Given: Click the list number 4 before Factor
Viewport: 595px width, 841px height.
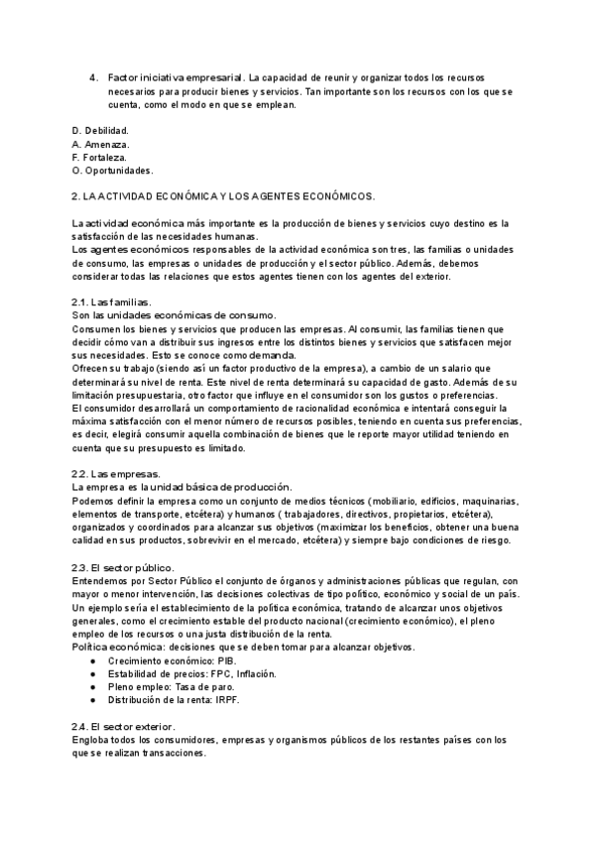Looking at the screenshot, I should point(92,76).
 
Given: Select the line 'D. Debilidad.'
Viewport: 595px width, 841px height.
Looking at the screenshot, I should point(101,130).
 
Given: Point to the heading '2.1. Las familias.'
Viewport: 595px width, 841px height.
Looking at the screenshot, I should point(112,301).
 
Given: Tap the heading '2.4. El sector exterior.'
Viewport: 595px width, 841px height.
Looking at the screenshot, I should point(124,727).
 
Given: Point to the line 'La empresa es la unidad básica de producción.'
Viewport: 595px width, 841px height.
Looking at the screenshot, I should point(182,487).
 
